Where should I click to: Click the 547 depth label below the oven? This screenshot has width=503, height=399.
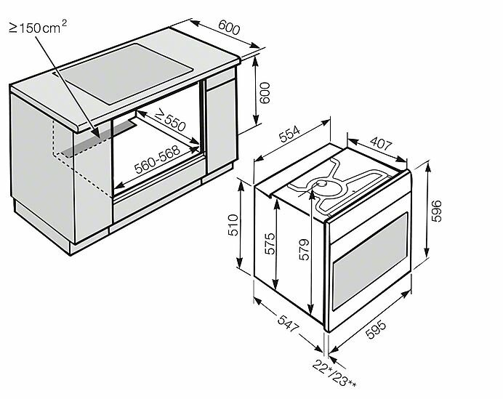(x=287, y=327)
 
